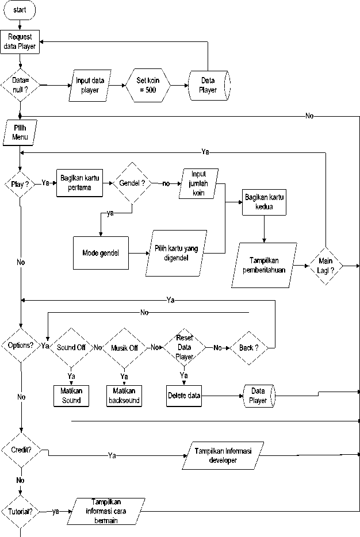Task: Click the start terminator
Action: point(20,10)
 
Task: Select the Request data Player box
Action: point(20,42)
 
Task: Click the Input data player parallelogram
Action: point(90,85)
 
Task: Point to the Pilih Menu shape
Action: point(20,133)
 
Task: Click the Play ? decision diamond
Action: point(20,185)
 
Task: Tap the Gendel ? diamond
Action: point(131,183)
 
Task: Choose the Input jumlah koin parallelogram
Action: point(198,183)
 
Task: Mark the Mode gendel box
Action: point(101,252)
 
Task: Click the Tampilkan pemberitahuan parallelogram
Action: point(265,265)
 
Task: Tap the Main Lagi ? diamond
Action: point(327,265)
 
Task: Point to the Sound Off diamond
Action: point(71,348)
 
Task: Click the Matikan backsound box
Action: point(124,396)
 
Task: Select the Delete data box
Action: point(185,396)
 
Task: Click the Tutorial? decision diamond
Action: point(20,511)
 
